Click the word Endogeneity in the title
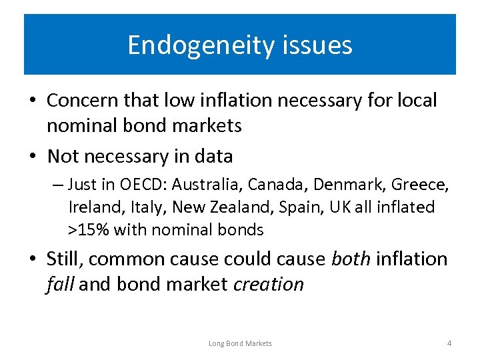(x=195, y=45)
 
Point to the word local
(x=416, y=101)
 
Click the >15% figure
(x=89, y=230)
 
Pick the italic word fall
(x=61, y=284)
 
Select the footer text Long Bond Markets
(x=240, y=343)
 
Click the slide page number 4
(x=449, y=343)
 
